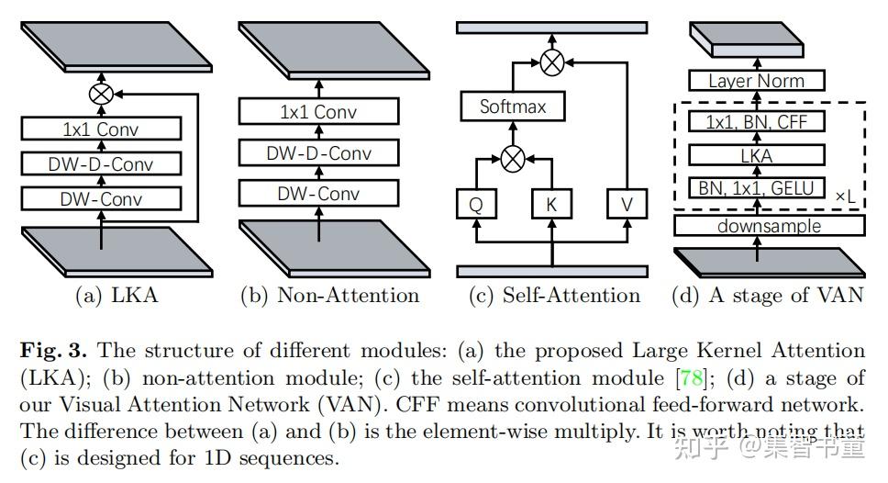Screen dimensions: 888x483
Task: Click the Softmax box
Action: pyautogui.click(x=513, y=107)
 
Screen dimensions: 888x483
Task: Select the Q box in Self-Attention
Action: pyautogui.click(x=476, y=204)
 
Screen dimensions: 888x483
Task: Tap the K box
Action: pyautogui.click(x=551, y=204)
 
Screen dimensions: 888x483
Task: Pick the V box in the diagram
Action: pyautogui.click(x=627, y=204)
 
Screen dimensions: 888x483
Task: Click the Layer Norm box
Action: pyautogui.click(x=757, y=81)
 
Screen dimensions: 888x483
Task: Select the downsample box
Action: pyautogui.click(x=769, y=226)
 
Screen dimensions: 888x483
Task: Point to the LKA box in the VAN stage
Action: pyautogui.click(x=757, y=155)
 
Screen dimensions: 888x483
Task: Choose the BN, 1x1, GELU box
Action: pyautogui.click(x=757, y=187)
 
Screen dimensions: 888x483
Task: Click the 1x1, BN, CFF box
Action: pyautogui.click(x=757, y=122)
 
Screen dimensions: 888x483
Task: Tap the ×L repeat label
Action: pyautogui.click(x=846, y=197)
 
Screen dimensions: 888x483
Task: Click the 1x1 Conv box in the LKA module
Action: pyautogui.click(x=102, y=129)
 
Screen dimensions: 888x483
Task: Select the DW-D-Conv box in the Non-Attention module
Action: pyautogui.click(x=319, y=153)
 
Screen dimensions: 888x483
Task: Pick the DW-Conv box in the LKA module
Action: pyautogui.click(x=102, y=199)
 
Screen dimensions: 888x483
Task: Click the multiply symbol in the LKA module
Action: pyautogui.click(x=102, y=94)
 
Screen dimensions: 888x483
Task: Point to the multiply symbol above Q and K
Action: pyautogui.click(x=513, y=159)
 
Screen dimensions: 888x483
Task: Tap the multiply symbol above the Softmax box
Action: pyautogui.click(x=552, y=62)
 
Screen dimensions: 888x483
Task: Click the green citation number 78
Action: pyautogui.click(x=691, y=377)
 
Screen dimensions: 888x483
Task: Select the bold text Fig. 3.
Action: pyautogui.click(x=53, y=351)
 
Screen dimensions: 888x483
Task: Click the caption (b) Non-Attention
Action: pyautogui.click(x=329, y=296)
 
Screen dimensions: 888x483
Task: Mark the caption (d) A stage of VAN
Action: pyautogui.click(x=768, y=296)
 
